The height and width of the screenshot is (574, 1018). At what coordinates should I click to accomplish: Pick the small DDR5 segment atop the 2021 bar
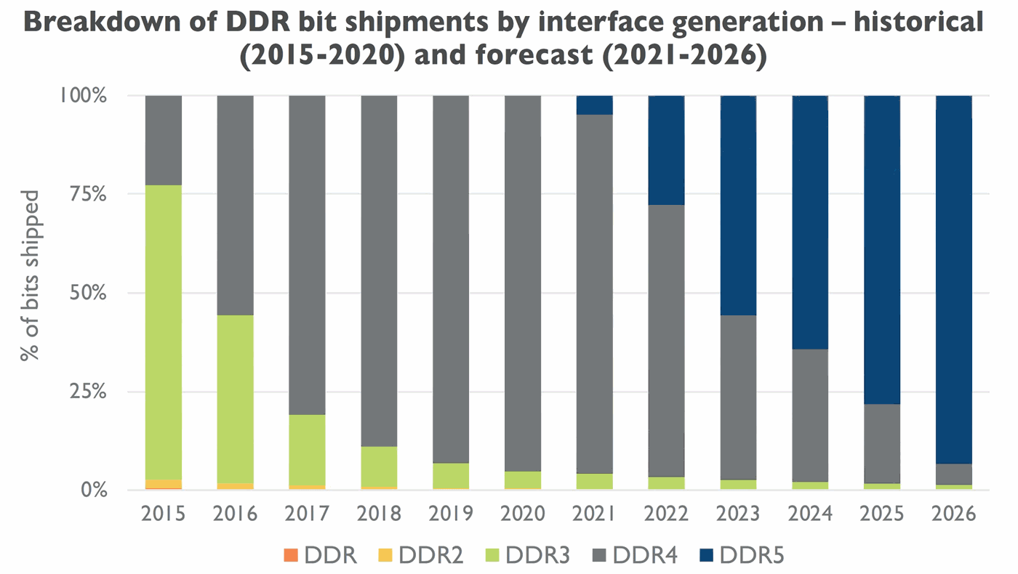coord(595,105)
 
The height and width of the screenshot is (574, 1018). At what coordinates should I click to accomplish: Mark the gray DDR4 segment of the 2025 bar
coord(881,443)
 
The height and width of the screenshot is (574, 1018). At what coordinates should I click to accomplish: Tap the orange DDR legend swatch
coord(291,557)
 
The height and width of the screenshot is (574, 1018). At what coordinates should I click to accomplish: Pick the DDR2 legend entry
coord(409,556)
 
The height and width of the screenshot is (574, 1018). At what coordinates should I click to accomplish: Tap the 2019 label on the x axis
coord(451,514)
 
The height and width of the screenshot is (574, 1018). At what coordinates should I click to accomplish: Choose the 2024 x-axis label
coord(810,514)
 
